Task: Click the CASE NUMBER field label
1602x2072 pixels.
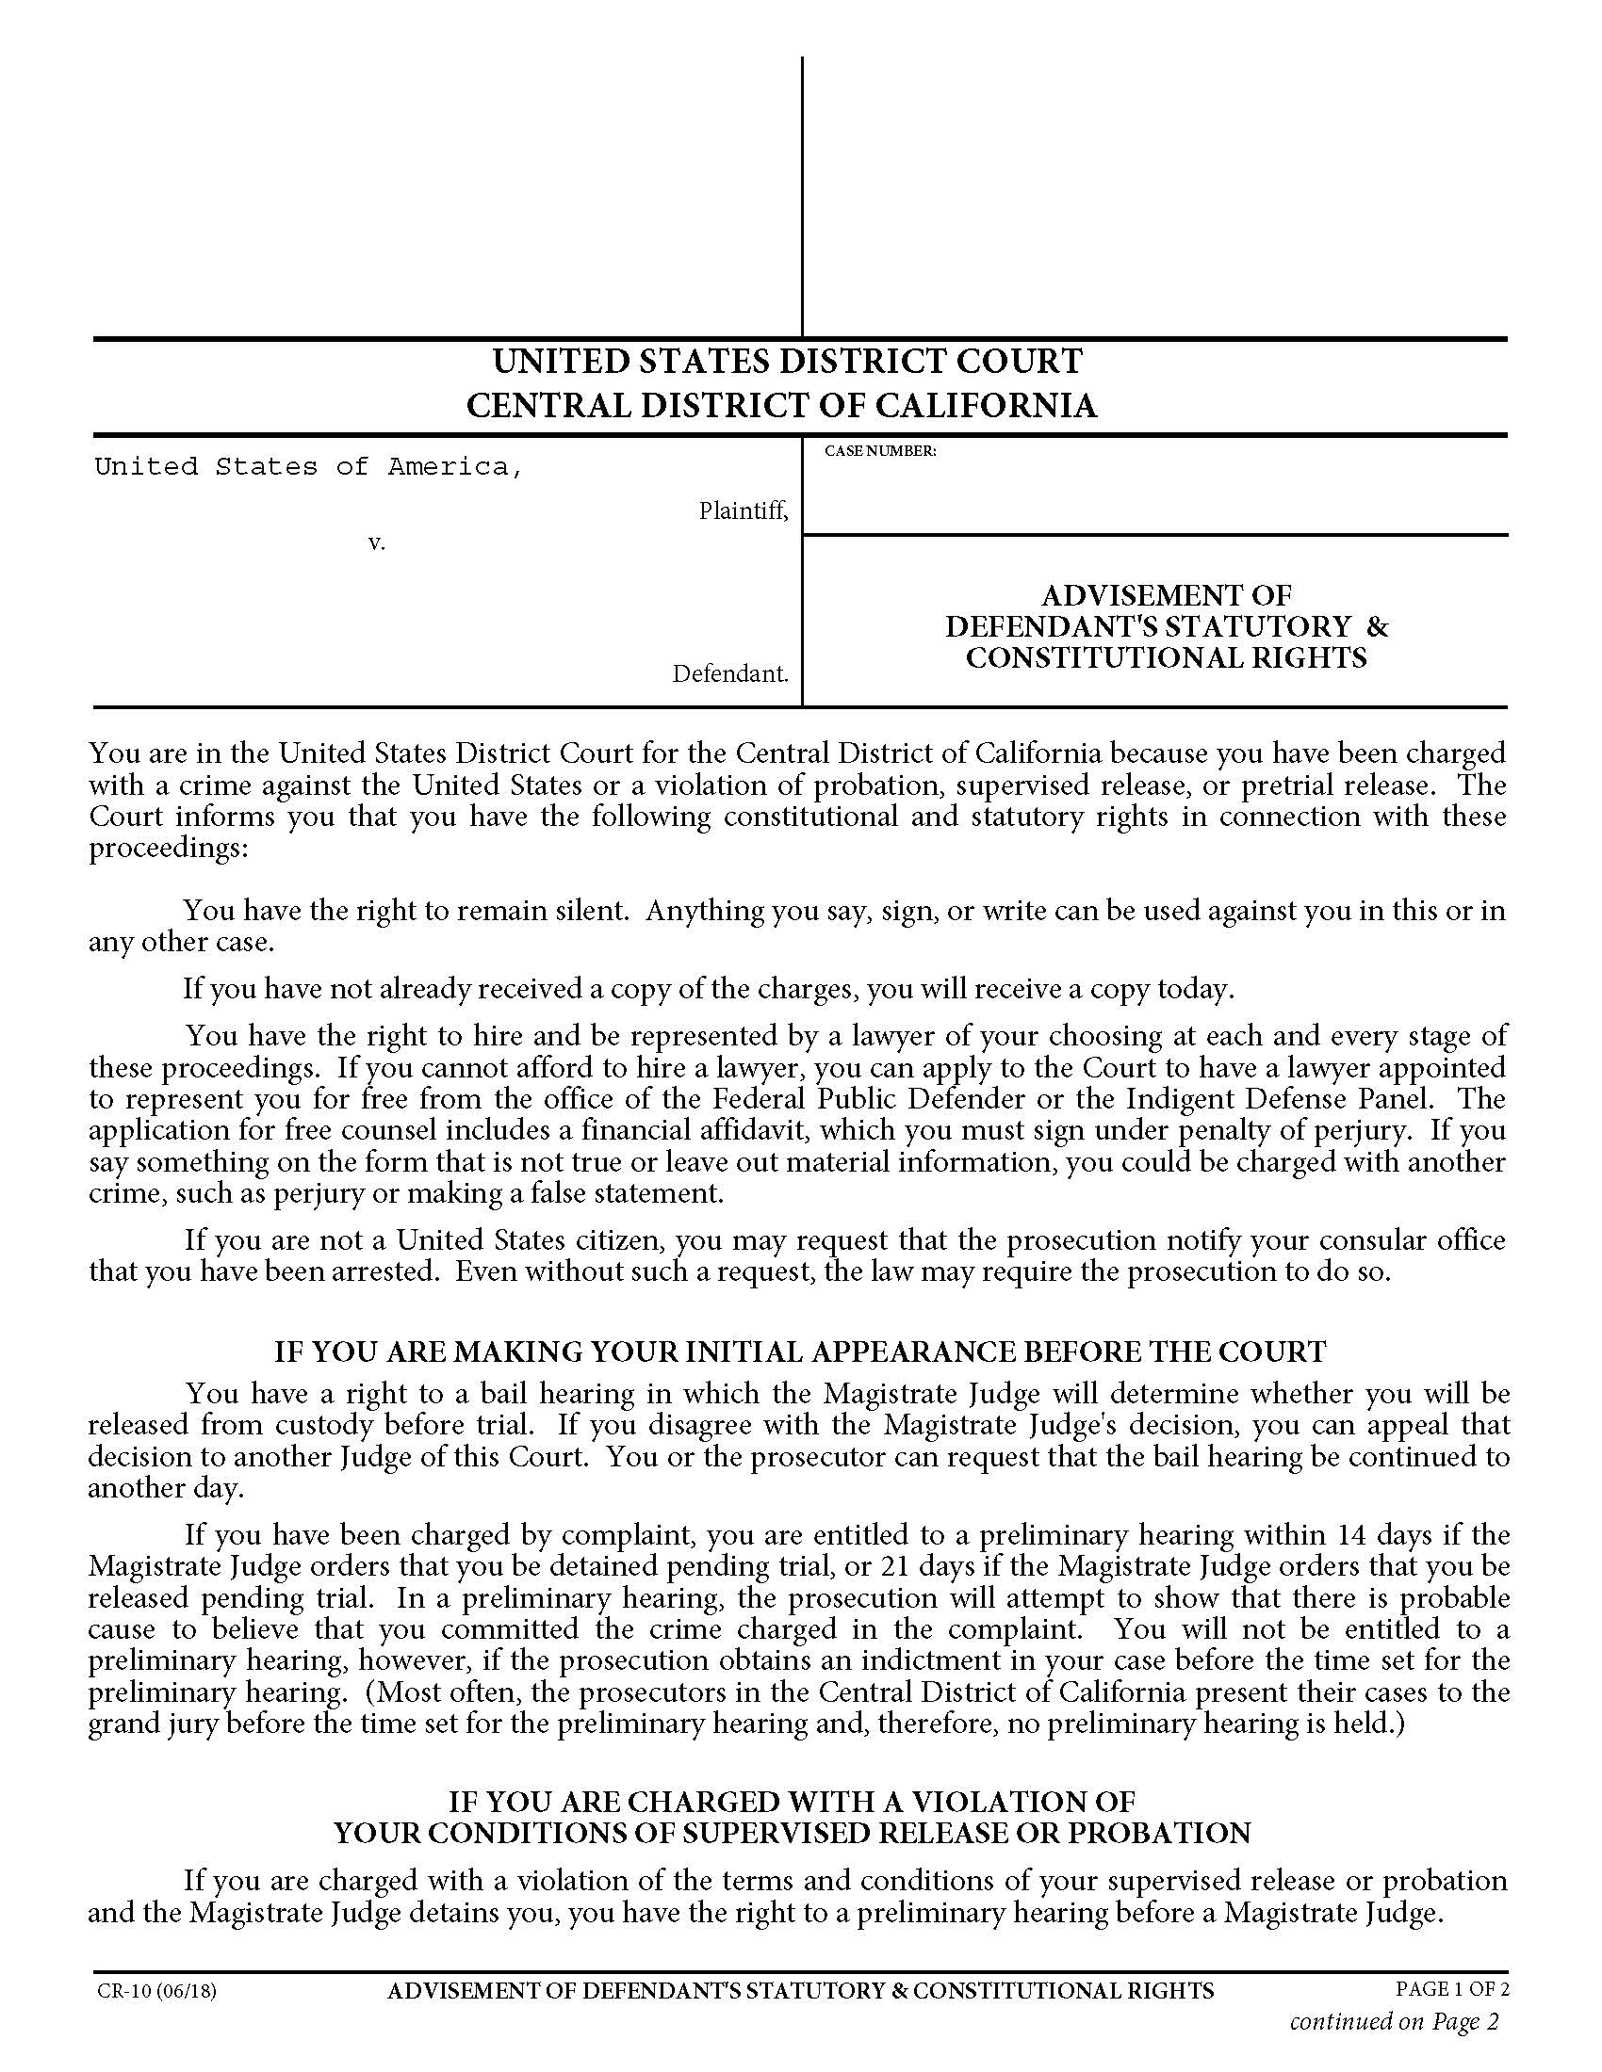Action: tap(880, 451)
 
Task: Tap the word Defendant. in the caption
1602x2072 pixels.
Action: tap(730, 673)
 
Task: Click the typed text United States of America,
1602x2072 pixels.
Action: tap(308, 467)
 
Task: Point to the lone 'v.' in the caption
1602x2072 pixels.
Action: tap(377, 543)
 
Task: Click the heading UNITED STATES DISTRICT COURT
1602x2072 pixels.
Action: tap(787, 362)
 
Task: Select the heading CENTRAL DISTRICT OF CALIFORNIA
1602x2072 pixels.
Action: tap(781, 406)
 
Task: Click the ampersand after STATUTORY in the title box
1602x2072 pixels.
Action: tap(1378, 626)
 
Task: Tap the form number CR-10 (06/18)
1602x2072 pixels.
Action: tap(156, 1990)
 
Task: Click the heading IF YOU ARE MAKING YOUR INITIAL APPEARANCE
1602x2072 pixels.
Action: tap(800, 1351)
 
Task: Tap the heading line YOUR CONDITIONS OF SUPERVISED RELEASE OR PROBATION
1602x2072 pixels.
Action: tap(793, 1833)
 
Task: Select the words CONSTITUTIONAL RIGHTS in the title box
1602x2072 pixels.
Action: tap(1167, 657)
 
